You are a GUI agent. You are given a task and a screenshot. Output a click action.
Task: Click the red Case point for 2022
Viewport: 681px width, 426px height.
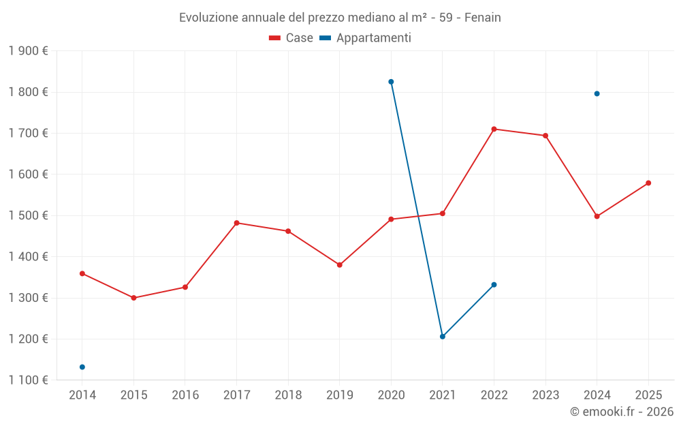[x=494, y=129]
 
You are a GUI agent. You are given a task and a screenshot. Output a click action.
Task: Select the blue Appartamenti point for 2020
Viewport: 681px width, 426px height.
[x=391, y=82]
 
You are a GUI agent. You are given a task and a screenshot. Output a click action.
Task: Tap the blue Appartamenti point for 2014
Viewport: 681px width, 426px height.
[x=82, y=367]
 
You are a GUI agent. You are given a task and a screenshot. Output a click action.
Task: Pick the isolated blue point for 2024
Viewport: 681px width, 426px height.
[x=597, y=93]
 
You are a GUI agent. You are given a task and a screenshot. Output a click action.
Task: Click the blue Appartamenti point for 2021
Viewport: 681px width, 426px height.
[x=443, y=337]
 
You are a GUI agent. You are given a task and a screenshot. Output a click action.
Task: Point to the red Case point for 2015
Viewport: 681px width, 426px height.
[x=133, y=298]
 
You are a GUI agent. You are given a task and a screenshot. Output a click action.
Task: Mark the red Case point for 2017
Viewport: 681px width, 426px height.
[x=236, y=223]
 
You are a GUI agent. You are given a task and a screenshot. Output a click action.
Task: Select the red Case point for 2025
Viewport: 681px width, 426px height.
[x=648, y=183]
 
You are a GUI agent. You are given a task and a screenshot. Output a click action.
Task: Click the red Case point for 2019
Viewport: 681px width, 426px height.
[x=340, y=264]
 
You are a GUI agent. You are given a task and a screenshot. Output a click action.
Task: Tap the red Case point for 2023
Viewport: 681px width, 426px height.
[x=545, y=136]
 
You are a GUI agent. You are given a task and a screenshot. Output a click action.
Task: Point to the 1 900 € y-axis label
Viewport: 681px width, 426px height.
[x=28, y=51]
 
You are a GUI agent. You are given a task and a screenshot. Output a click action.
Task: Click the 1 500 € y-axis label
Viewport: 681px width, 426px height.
[x=28, y=215]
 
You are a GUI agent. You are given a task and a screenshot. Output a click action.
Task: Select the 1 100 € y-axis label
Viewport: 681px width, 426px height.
[x=28, y=380]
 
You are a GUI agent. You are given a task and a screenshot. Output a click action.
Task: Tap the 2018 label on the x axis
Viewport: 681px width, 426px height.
[x=288, y=395]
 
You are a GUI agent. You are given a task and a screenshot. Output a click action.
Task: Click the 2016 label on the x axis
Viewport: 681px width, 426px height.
[x=185, y=395]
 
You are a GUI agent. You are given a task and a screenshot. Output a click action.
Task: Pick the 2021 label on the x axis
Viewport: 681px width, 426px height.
[x=443, y=395]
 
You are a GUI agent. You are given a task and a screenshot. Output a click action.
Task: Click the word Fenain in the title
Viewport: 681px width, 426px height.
[x=483, y=18]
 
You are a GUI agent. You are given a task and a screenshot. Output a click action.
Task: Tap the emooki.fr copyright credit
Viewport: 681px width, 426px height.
[x=622, y=412]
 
